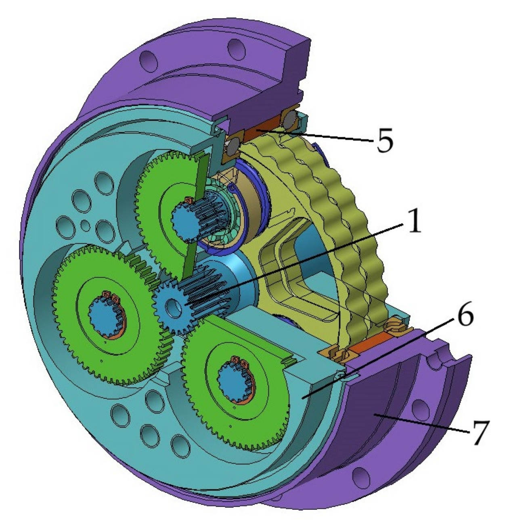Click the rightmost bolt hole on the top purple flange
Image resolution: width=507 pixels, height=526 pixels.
[x=237, y=48]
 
